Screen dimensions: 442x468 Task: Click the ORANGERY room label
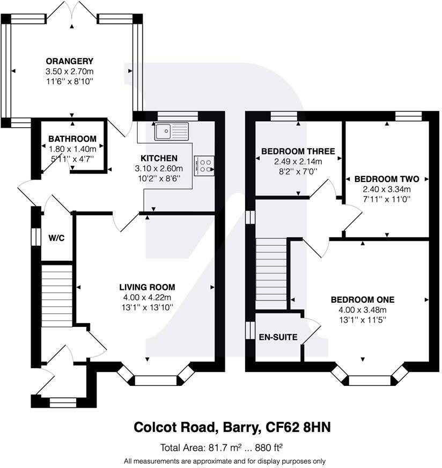[70, 61]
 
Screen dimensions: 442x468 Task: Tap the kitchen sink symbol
[172, 131]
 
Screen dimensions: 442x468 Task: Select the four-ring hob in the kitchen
[204, 166]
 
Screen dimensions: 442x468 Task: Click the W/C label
[56, 238]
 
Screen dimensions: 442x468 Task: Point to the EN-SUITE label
[278, 337]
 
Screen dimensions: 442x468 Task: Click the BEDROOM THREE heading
[298, 151]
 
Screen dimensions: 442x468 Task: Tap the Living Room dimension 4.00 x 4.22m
[147, 297]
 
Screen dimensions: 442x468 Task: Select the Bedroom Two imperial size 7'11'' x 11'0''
[387, 199]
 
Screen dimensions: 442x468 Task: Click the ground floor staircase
[57, 296]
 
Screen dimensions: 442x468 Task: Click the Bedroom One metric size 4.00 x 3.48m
[363, 310]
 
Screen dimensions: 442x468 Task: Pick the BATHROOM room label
[72, 139]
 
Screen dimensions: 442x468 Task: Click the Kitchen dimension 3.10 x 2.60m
[159, 169]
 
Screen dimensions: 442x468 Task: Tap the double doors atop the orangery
[72, 11]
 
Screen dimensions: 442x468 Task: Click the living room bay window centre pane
[156, 381]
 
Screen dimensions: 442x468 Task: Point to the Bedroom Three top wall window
[284, 116]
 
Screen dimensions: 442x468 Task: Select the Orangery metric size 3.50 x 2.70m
[70, 71]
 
